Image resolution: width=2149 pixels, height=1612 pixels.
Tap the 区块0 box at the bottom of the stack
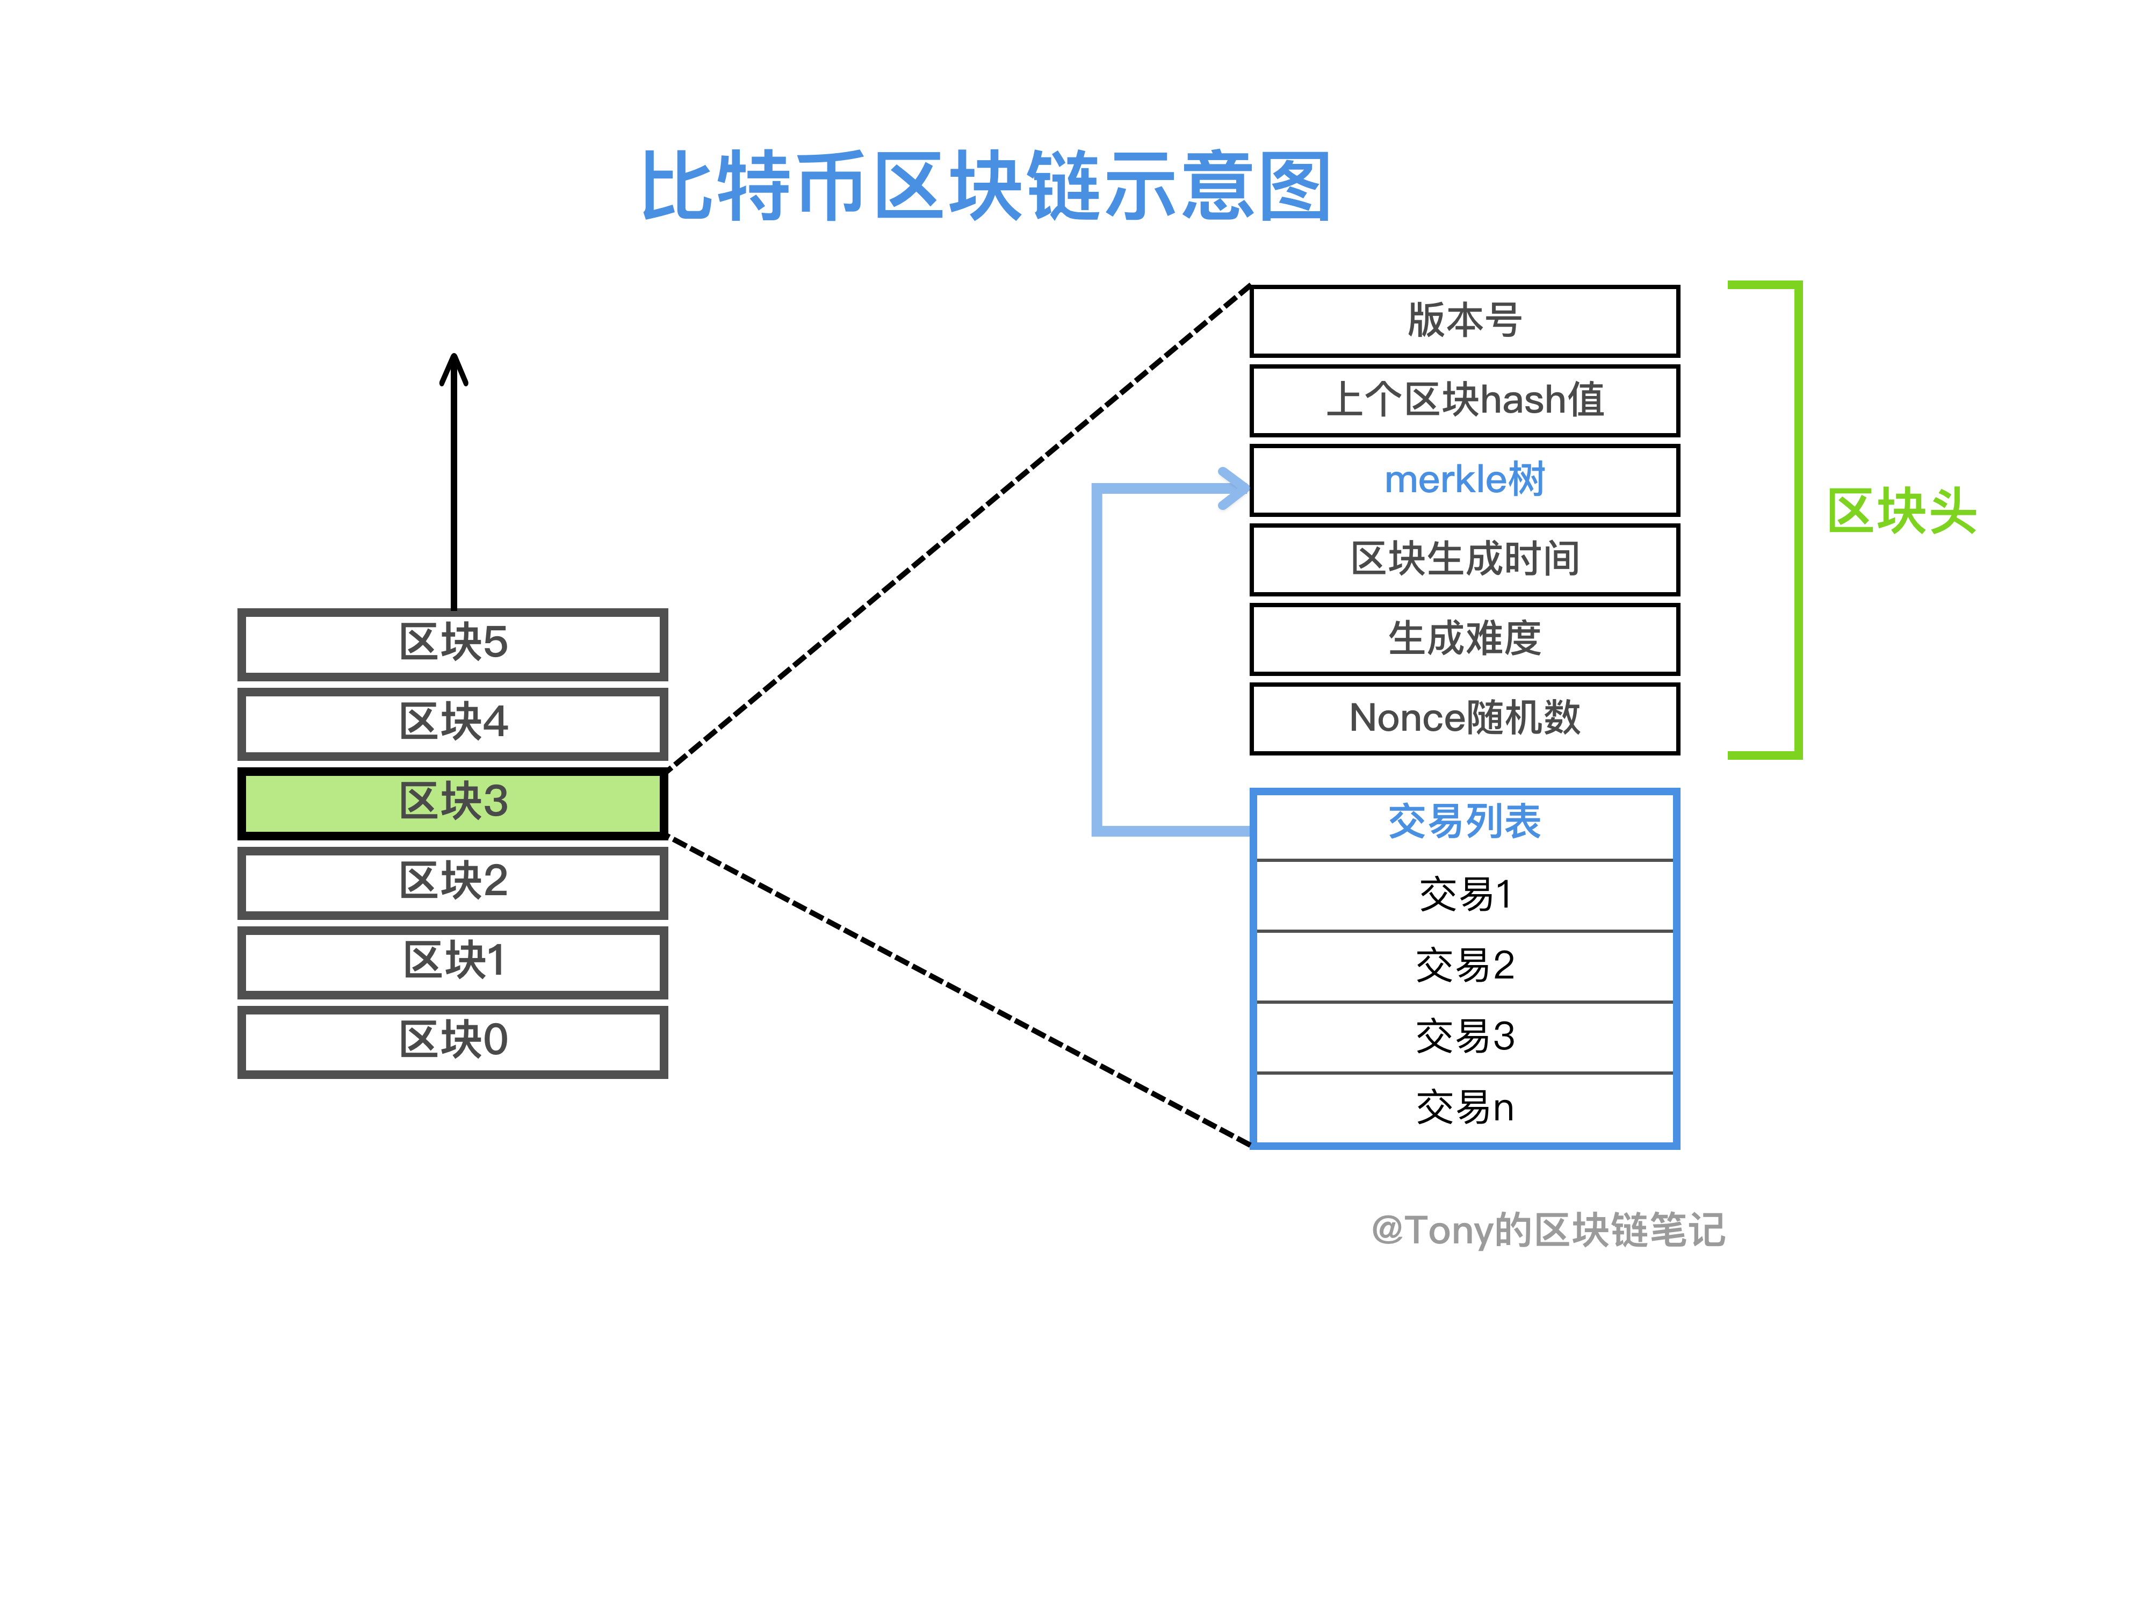[453, 1041]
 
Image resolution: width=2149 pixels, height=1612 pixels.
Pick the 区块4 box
[453, 723]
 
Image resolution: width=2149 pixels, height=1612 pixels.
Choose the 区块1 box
[453, 961]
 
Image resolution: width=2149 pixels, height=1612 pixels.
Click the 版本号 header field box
[1464, 321]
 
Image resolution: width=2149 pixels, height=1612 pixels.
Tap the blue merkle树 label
[1464, 480]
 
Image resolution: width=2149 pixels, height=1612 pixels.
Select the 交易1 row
[1464, 895]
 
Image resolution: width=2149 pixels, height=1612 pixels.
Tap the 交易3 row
[1464, 1037]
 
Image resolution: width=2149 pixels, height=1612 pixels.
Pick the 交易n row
[1464, 1107]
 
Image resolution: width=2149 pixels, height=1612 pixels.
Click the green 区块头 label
[1901, 512]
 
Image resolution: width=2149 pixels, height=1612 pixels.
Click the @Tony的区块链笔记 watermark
[1548, 1230]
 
